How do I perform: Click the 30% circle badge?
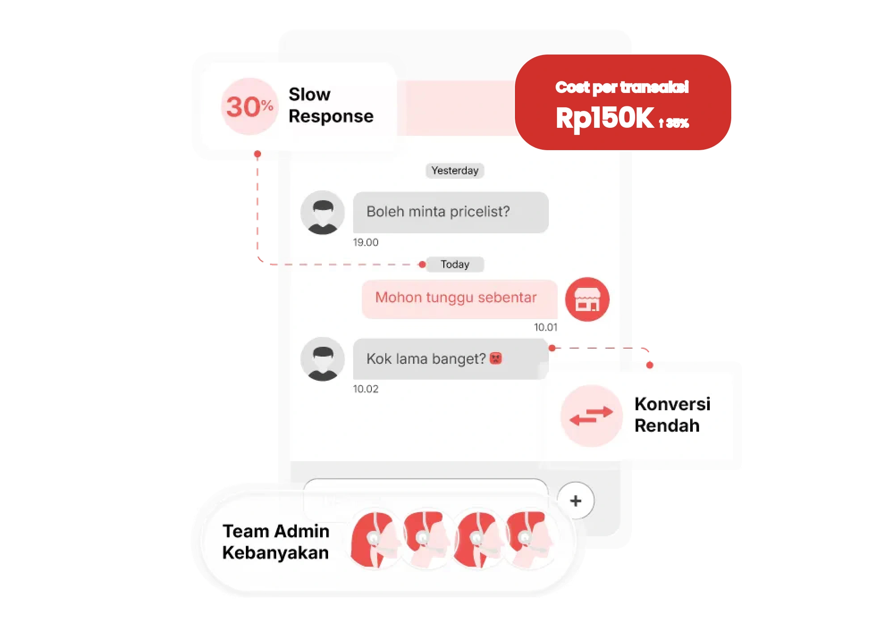[x=250, y=106]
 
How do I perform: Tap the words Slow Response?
[x=331, y=105]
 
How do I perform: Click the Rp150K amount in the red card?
[x=605, y=118]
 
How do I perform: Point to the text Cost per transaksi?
[x=622, y=87]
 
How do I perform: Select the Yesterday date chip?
[x=455, y=170]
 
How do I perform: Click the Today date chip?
[x=455, y=264]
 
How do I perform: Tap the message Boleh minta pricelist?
[x=451, y=212]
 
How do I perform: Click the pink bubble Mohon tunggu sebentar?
[x=460, y=299]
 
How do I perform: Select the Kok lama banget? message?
[x=451, y=359]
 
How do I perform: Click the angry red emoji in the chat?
[x=496, y=358]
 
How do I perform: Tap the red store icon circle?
[x=587, y=299]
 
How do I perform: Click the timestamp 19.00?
[x=366, y=242]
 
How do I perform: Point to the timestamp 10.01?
[x=546, y=327]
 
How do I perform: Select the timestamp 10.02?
[x=366, y=389]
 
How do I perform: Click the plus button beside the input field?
[x=576, y=501]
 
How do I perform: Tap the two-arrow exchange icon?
[x=591, y=416]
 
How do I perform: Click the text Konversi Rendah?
[x=672, y=414]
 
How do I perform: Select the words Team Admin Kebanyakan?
[x=276, y=542]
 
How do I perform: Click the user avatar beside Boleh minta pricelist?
[x=323, y=213]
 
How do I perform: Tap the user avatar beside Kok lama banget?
[x=323, y=359]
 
